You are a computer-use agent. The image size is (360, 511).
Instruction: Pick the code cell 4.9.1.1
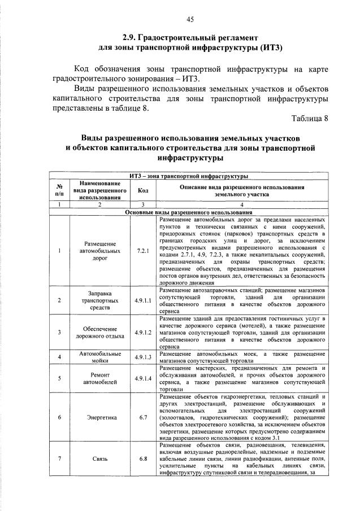point(143,301)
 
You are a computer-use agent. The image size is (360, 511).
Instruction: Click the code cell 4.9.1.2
point(143,333)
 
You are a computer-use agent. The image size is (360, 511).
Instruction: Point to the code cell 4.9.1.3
point(143,357)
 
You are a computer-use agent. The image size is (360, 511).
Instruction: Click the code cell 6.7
point(143,417)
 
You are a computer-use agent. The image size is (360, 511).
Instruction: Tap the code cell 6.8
point(143,458)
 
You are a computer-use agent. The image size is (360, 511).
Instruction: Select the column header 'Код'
point(143,190)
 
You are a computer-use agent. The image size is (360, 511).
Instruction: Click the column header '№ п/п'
point(59,190)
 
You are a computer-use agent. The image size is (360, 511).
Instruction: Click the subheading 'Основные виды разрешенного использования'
point(190,212)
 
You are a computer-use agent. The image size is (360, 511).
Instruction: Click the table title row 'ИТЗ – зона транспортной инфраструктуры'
point(190,176)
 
